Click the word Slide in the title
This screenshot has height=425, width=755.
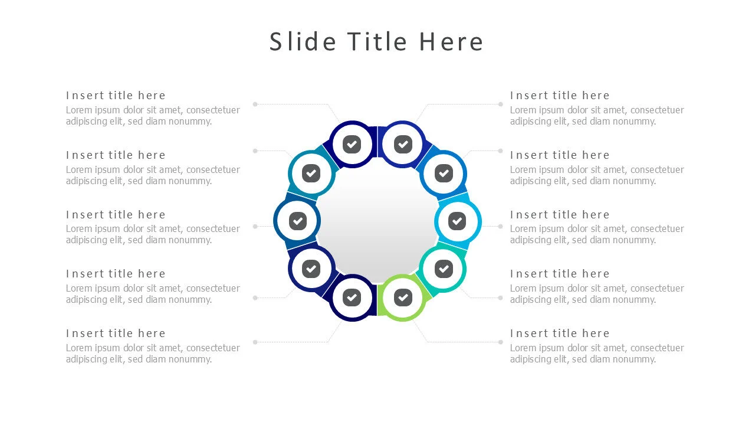303,42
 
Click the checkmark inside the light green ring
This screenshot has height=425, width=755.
403,297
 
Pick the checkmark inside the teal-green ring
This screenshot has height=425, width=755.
444,269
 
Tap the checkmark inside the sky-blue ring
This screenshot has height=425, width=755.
457,221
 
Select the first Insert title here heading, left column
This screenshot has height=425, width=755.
116,96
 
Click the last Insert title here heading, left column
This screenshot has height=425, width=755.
116,334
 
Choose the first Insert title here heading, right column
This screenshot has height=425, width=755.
560,96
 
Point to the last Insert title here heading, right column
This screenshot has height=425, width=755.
560,334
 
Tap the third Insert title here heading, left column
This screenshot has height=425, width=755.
116,215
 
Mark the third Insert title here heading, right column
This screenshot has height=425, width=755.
560,215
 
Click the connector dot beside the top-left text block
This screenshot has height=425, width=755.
255,104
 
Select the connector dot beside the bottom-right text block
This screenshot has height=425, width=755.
500,342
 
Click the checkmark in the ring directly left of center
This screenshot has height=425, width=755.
297,221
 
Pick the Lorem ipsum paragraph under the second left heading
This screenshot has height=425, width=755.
153,175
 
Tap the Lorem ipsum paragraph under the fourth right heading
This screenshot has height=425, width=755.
597,294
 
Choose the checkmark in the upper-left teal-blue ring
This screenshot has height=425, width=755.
311,174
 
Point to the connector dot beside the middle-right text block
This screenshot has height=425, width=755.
500,226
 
